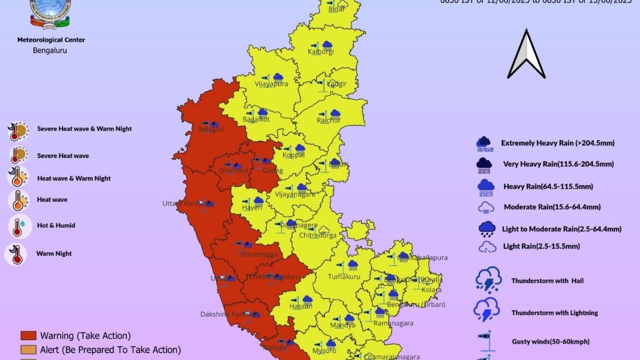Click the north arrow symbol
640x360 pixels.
pos(526,55)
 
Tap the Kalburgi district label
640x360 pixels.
pos(320,52)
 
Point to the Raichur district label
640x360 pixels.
pos(328,120)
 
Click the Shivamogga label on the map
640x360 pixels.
pos(258,254)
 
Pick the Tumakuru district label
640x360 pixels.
pos(344,276)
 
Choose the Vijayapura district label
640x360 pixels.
pos(271,84)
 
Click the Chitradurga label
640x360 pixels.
pos(317,235)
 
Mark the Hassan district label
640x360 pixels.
pos(301,306)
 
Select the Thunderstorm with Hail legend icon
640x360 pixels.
pos(488,279)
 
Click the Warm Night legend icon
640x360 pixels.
pos(16,254)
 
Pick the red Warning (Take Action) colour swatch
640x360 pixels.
pos(28,335)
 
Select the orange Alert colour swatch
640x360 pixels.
pos(28,350)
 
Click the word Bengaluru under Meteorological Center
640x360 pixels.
pos(50,50)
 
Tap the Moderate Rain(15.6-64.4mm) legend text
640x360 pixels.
pos(552,207)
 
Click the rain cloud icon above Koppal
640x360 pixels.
pos(300,148)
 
